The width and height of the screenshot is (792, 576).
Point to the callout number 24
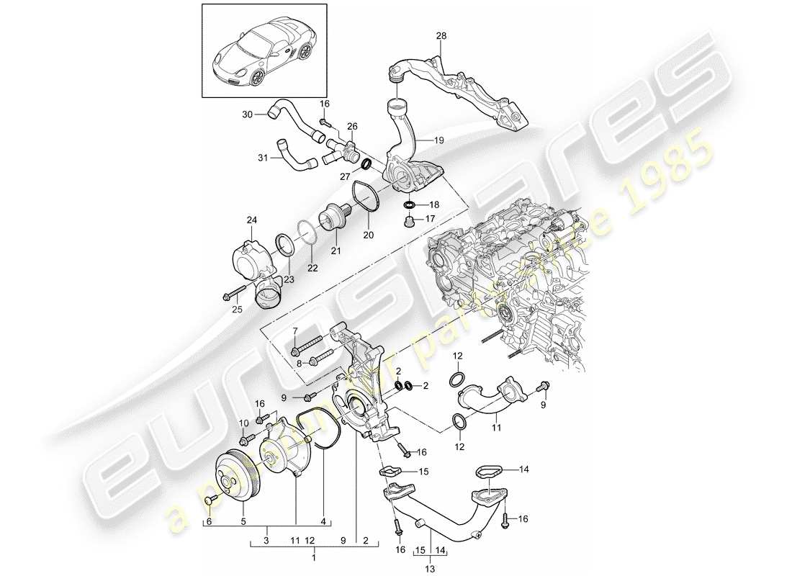252,220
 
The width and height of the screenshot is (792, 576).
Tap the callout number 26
352,126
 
